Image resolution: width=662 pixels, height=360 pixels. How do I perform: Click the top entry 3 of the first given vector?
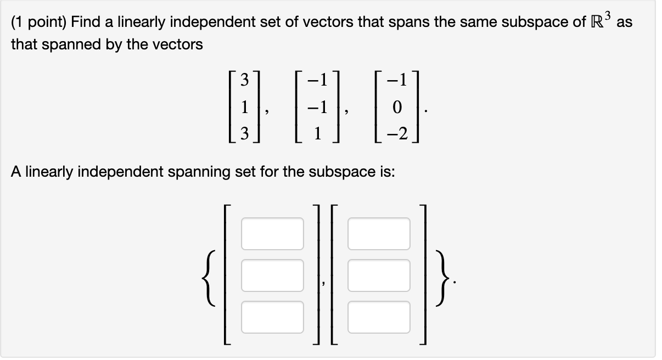point(245,81)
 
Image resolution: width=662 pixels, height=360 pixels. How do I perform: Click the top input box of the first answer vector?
point(273,233)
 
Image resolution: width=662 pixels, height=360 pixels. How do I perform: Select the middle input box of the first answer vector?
point(273,275)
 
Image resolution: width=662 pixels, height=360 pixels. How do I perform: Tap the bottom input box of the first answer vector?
point(273,317)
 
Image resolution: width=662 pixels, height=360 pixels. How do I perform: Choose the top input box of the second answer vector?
point(379,233)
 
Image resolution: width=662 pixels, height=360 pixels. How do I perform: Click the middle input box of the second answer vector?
point(379,275)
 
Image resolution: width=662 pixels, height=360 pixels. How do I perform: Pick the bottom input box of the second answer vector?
point(379,317)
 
